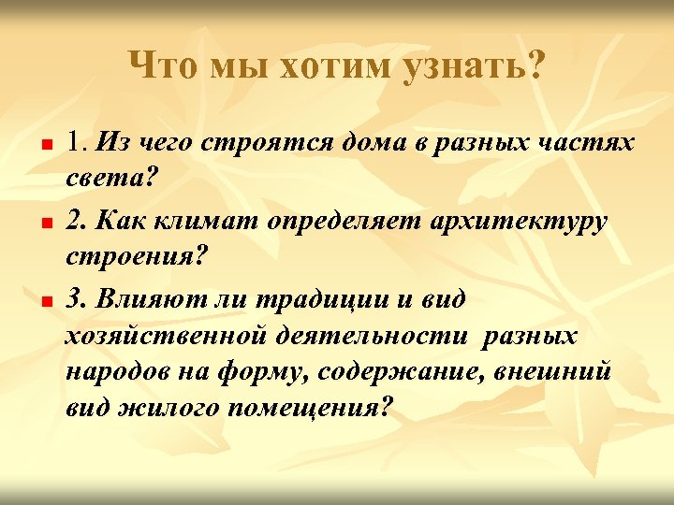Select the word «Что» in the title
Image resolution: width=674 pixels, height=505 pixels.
coord(165,66)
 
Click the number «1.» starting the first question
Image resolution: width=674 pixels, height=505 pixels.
coord(78,142)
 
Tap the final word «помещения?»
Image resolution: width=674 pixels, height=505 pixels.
coord(315,410)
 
